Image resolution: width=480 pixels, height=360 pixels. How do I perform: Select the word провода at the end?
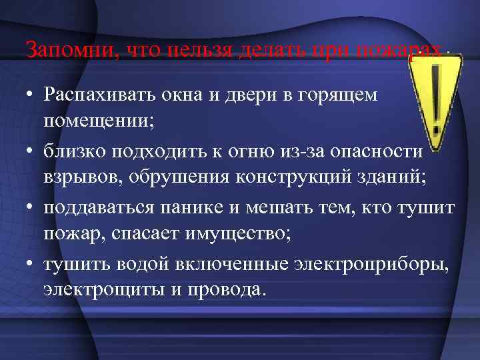(x=231, y=291)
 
